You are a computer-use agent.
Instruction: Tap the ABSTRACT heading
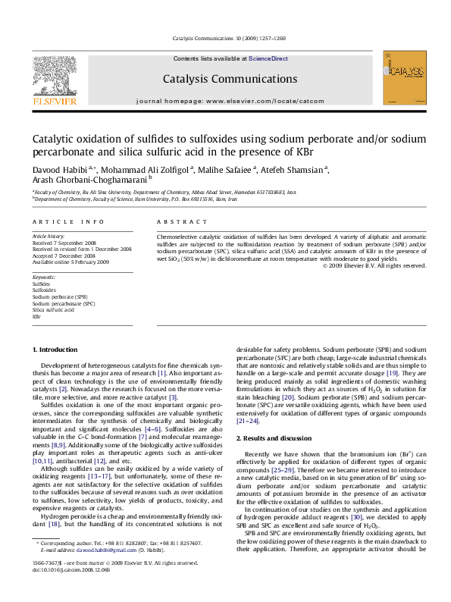click(181, 221)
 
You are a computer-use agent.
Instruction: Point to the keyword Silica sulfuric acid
click(53, 310)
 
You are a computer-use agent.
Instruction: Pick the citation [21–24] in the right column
click(249, 420)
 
